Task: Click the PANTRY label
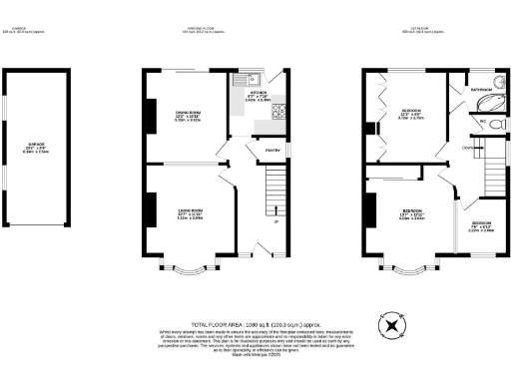pyautogui.click(x=270, y=152)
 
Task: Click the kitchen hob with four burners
pyautogui.click(x=278, y=111)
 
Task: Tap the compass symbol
pyautogui.click(x=390, y=326)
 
